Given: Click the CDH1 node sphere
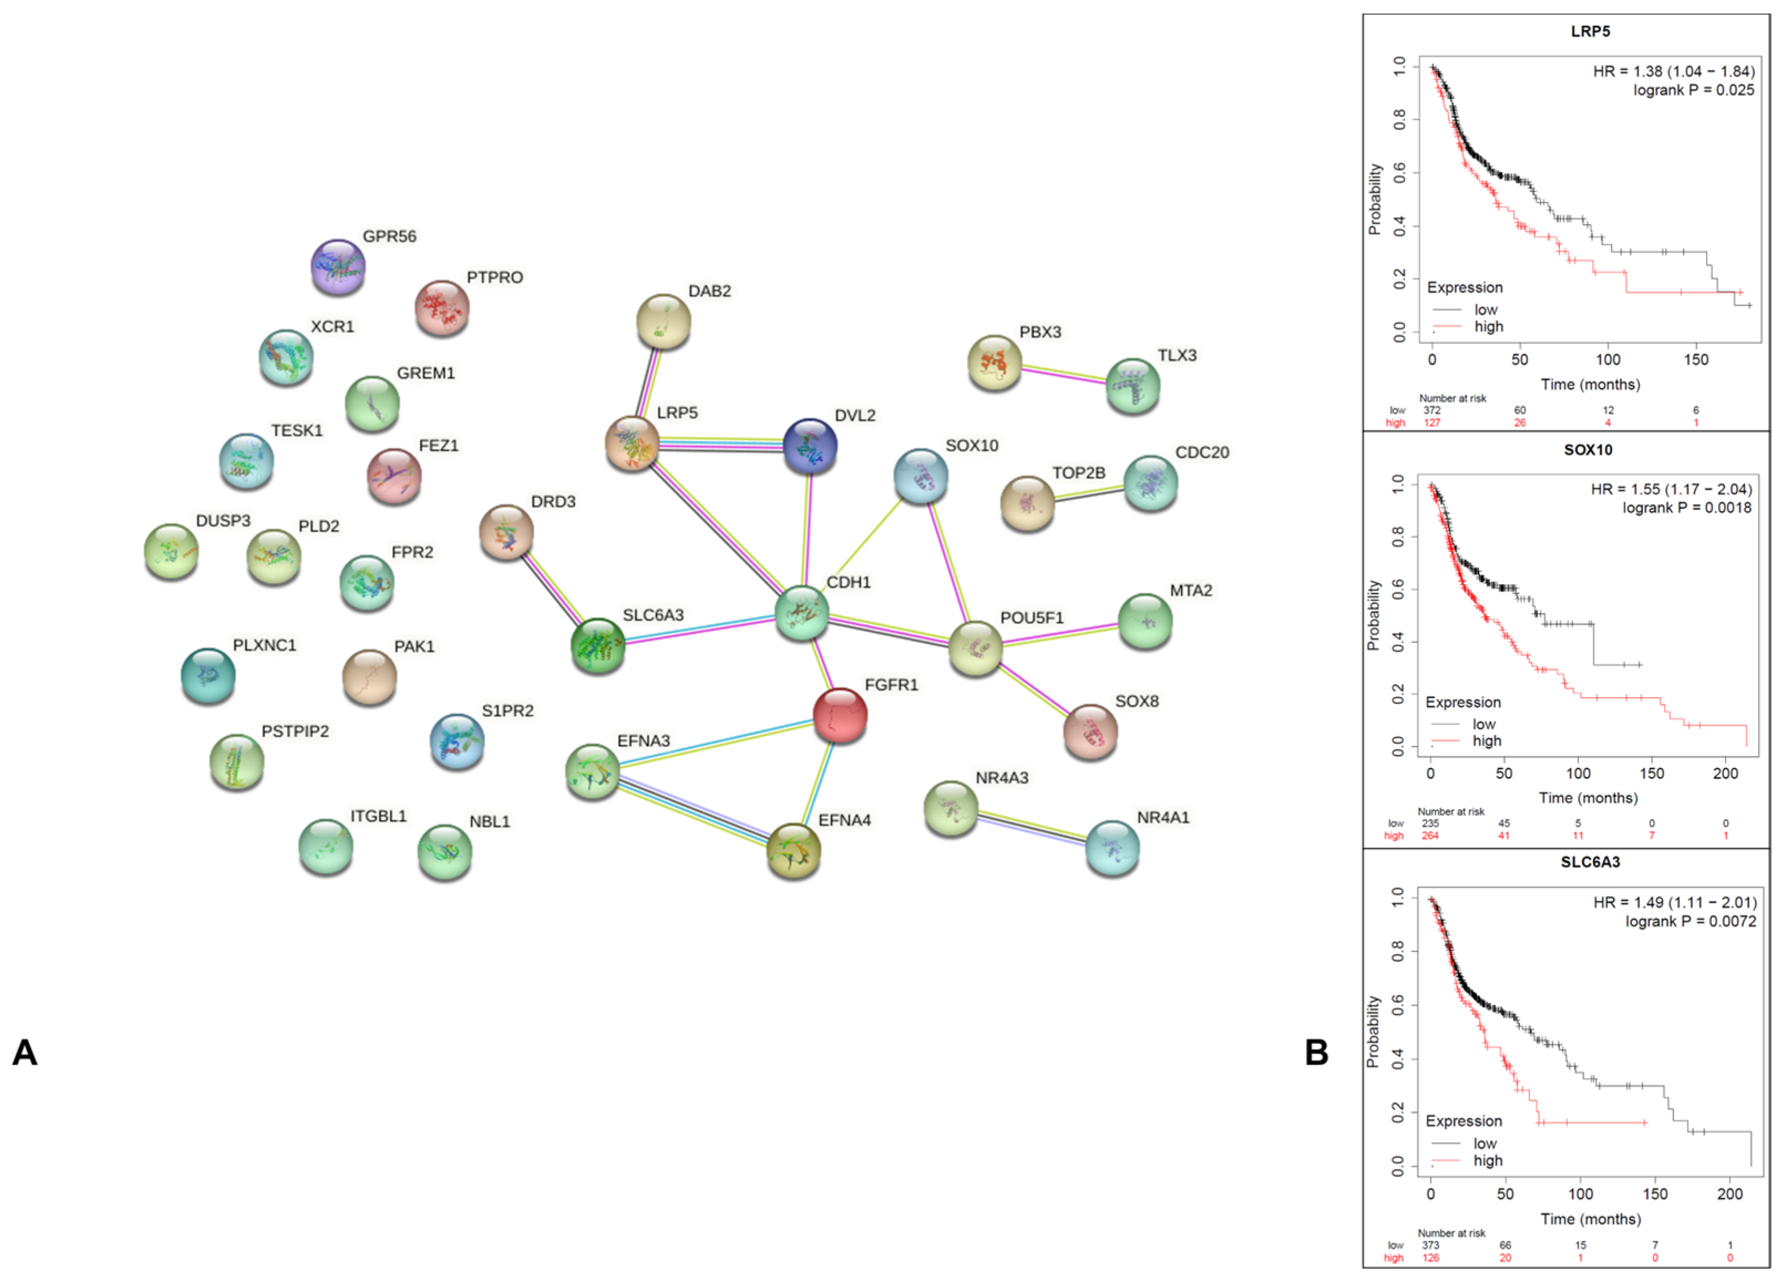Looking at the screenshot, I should coord(801,612).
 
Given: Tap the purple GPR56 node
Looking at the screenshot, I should coord(338,267).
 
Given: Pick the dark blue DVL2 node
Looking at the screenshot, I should coord(810,446).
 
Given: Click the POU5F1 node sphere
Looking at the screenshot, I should coord(975,648).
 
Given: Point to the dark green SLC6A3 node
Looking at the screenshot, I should coord(598,646).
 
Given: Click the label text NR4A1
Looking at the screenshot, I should coord(1163,817).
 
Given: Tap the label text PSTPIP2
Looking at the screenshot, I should coord(295,731).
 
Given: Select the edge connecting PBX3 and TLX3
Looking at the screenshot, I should coord(1064,374).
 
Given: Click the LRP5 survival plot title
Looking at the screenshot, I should coord(1590,32).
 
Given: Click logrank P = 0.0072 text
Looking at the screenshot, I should coord(1690,921).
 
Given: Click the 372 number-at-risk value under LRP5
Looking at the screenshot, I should coord(1432,410).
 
